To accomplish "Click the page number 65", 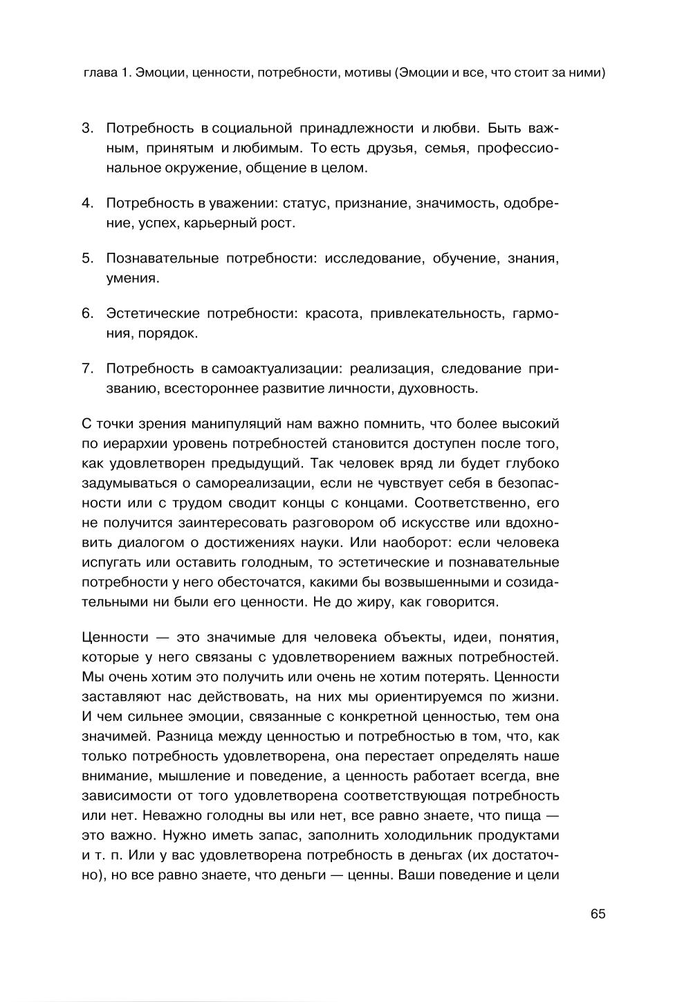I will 598,914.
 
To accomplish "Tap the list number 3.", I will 87,128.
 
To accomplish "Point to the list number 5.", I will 87,258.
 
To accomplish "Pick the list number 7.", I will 87,368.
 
